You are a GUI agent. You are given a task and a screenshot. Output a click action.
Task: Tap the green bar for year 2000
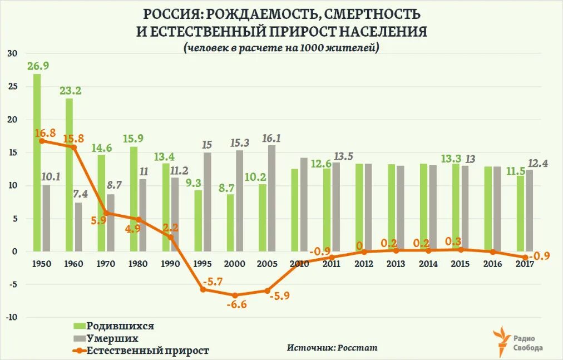pyautogui.click(x=230, y=223)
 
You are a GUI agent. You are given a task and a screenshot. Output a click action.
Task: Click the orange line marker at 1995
pyautogui.click(x=203, y=289)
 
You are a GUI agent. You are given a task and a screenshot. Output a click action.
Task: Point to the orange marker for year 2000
pyautogui.click(x=235, y=295)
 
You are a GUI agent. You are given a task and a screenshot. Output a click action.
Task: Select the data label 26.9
pyautogui.click(x=38, y=66)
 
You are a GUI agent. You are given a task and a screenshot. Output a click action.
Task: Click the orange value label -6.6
pyautogui.click(x=236, y=305)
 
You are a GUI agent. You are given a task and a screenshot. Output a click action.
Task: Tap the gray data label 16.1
pyautogui.click(x=271, y=138)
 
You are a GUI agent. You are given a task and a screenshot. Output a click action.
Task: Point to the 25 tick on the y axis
pyautogui.click(x=13, y=87)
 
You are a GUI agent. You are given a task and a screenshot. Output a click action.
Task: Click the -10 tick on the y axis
pyautogui.click(x=11, y=317)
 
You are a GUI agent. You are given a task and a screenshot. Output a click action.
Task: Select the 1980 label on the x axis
pyautogui.click(x=138, y=264)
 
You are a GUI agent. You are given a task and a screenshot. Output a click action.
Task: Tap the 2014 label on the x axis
pyautogui.click(x=428, y=264)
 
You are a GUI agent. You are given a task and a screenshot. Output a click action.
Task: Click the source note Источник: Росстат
pyautogui.click(x=332, y=347)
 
